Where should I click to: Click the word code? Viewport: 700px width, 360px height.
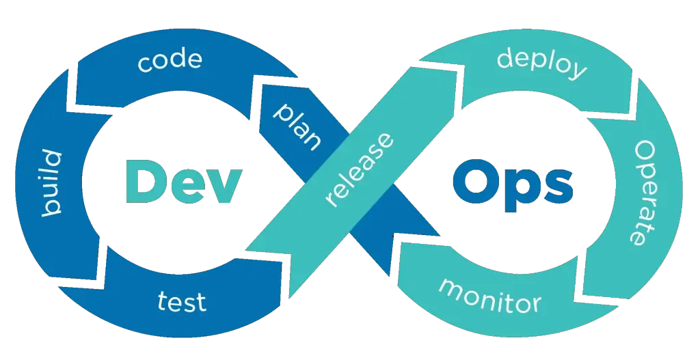(x=170, y=61)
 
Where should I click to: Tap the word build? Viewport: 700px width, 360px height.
(x=52, y=184)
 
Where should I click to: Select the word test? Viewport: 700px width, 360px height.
(x=182, y=301)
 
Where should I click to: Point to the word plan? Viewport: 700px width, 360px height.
(x=297, y=126)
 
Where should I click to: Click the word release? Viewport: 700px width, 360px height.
(x=360, y=169)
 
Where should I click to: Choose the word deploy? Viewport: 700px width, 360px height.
(x=541, y=66)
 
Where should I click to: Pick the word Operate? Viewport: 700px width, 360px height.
(x=645, y=193)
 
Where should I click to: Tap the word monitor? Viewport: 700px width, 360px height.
(x=489, y=295)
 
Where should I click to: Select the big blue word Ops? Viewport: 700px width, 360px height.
(x=513, y=184)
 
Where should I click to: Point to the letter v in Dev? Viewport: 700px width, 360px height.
(x=224, y=186)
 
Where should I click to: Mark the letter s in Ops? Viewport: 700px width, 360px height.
(x=558, y=186)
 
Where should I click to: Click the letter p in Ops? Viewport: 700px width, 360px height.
(x=520, y=191)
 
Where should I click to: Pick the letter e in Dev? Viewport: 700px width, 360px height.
(x=188, y=186)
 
